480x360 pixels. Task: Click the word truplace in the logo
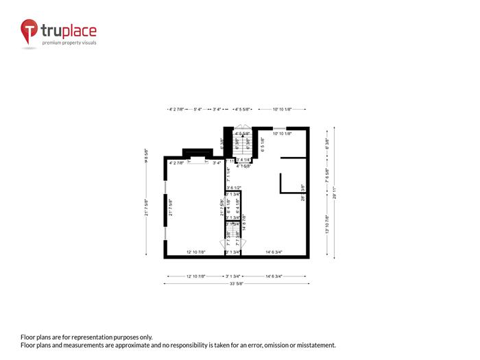tap(69, 30)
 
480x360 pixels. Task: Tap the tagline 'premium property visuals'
tap(69, 43)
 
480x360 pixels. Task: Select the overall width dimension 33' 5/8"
tap(237, 283)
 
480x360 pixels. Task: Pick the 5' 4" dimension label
tap(197, 109)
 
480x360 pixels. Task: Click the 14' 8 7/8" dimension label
tap(244, 221)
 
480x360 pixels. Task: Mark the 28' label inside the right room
tap(303, 198)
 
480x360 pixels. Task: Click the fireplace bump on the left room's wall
tap(197, 152)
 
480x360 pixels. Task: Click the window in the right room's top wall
tap(280, 128)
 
